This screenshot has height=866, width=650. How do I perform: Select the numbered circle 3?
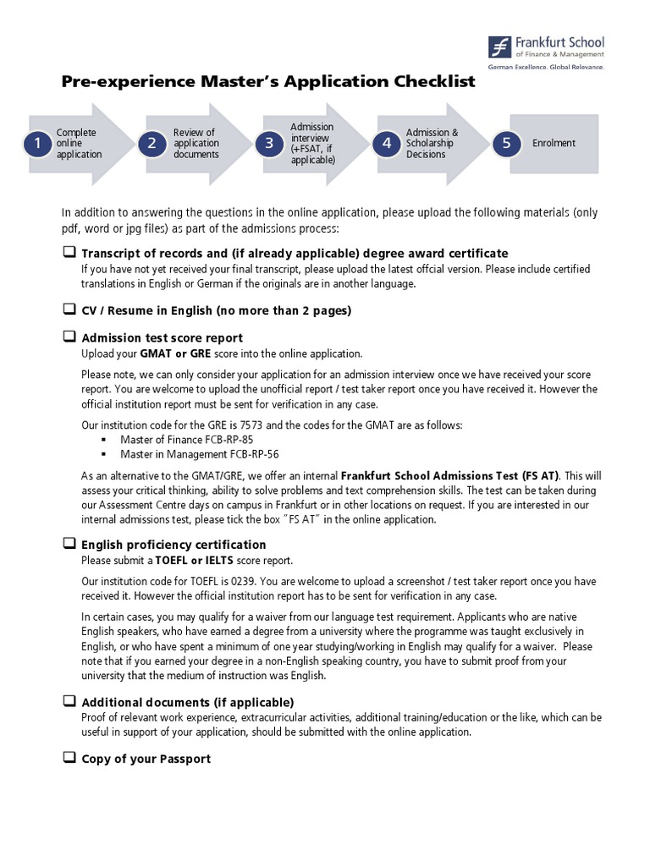pyautogui.click(x=269, y=144)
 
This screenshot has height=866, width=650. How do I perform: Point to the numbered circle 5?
pyautogui.click(x=506, y=144)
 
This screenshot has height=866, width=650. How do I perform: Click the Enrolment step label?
pyautogui.click(x=554, y=144)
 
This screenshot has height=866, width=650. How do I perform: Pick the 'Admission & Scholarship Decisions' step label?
pyautogui.click(x=432, y=144)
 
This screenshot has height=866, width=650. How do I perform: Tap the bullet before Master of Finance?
pyautogui.click(x=104, y=440)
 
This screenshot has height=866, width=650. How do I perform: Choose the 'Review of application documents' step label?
pyautogui.click(x=196, y=144)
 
